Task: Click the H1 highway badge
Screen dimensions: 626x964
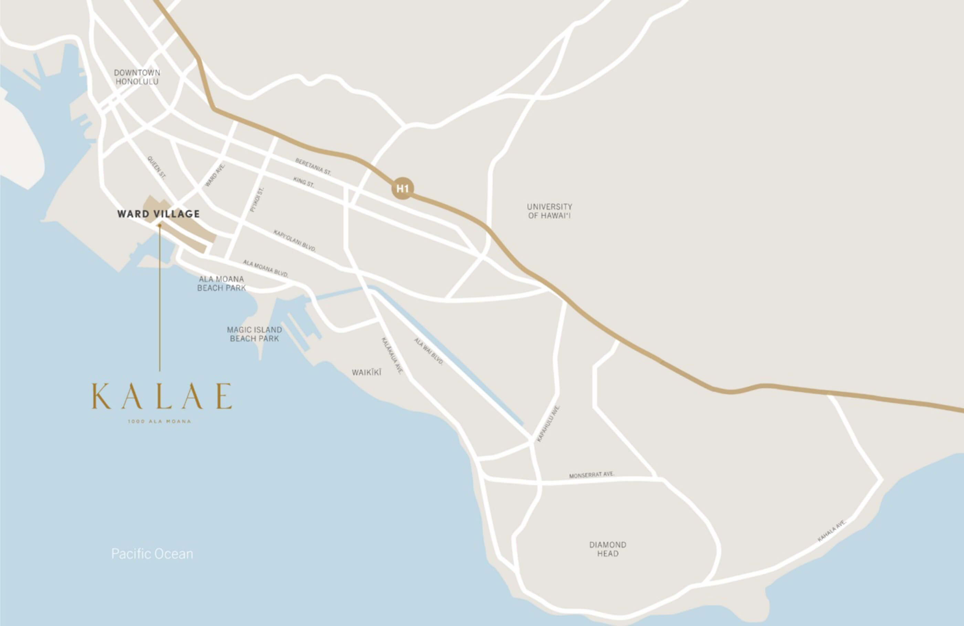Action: [402, 189]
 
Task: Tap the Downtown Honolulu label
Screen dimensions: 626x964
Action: [137, 77]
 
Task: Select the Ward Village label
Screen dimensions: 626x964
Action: [158, 214]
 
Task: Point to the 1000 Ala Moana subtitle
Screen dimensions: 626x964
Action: [160, 421]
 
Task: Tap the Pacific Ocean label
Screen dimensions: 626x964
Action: [152, 554]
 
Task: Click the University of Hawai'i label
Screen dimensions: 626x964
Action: [549, 211]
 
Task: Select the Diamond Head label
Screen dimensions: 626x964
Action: [608, 549]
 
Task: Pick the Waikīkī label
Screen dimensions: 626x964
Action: [367, 372]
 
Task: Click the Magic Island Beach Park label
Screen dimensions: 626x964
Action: [254, 334]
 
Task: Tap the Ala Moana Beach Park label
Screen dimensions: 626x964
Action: [221, 283]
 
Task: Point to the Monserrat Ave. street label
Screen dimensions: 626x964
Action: [592, 474]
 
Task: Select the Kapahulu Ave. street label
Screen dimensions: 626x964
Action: [548, 423]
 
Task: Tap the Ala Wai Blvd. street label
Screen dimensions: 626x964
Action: [429, 352]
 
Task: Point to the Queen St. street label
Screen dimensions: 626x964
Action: [156, 167]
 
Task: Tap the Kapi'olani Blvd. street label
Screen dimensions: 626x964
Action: [294, 240]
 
